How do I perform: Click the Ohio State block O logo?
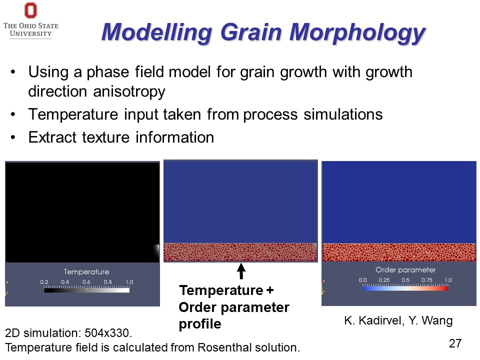coord(30,10)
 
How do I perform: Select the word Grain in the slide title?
coord(251,32)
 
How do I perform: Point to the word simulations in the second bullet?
coord(343,114)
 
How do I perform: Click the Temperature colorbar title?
coord(86,271)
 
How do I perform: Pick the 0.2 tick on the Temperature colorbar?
coord(44,282)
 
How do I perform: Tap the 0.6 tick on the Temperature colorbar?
coord(86,282)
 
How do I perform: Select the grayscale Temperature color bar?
coord(86,290)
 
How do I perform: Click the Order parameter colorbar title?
coord(405,269)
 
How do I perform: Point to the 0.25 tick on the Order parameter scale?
coord(384,280)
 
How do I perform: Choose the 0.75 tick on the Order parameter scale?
coord(426,280)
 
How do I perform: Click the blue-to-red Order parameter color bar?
coord(405,288)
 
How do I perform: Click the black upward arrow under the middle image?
coord(241,271)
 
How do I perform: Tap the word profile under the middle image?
coord(200,324)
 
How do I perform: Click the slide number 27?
coord(455,343)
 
